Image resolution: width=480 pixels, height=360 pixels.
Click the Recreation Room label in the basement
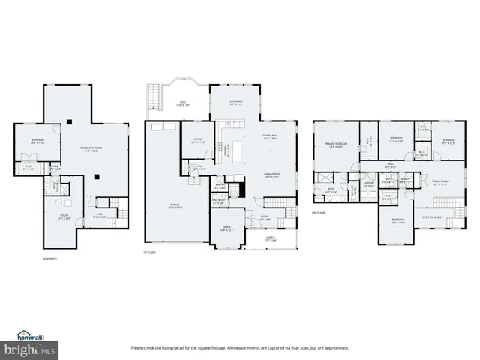tap(91, 149)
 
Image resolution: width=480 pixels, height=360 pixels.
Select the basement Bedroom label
tap(37, 140)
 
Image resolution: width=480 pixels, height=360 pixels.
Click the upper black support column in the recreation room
tap(69, 121)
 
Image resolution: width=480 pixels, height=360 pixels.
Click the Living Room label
tap(271, 174)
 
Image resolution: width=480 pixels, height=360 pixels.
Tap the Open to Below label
tap(436, 217)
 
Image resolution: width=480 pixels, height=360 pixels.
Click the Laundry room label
tap(368, 182)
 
